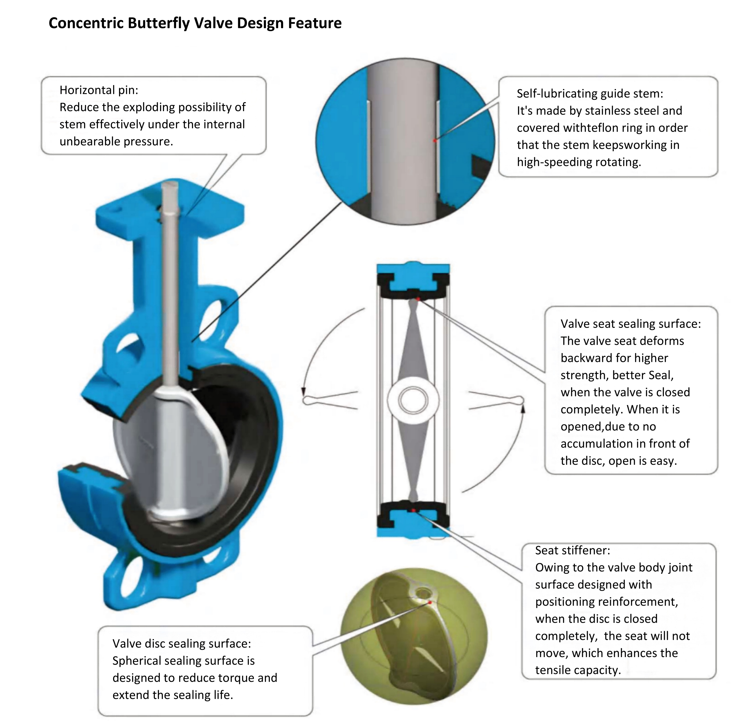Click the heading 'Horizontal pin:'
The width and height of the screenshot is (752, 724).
point(99,90)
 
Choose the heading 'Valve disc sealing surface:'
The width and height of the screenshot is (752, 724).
point(181,643)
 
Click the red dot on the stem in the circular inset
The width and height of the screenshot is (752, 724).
point(435,140)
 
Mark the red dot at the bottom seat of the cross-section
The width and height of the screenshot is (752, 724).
point(413,510)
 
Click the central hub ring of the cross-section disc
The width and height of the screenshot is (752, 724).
point(413,400)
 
